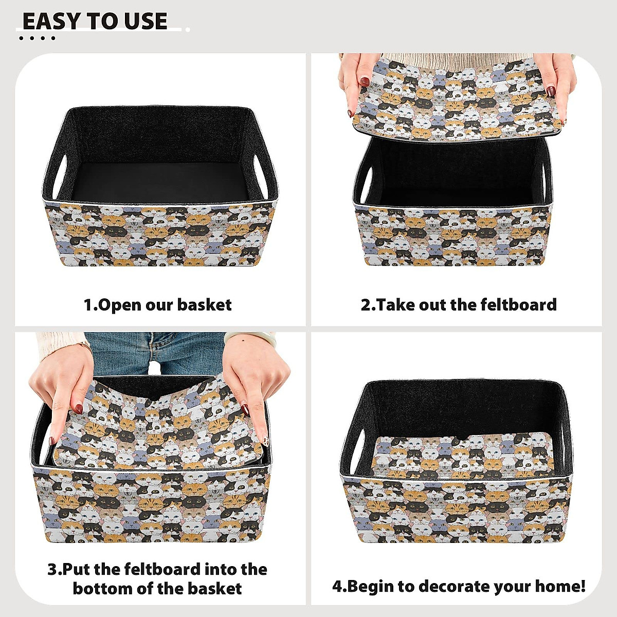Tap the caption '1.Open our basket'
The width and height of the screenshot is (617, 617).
pyautogui.click(x=157, y=305)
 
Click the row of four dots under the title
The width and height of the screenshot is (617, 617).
pyautogui.click(x=37, y=38)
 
